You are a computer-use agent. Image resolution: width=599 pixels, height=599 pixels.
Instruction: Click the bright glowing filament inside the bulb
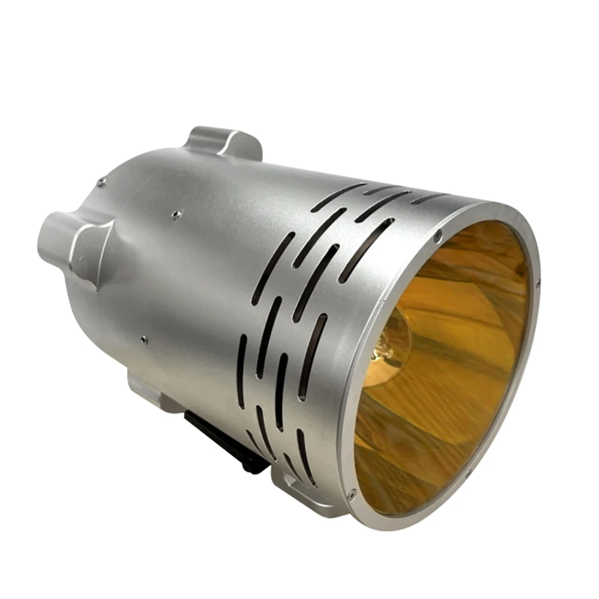pos(379,353)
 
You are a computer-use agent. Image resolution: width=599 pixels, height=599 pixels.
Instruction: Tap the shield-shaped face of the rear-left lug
pos(90,246)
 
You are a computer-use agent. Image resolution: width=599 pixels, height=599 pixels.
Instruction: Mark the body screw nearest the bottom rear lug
pos(143,340)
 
